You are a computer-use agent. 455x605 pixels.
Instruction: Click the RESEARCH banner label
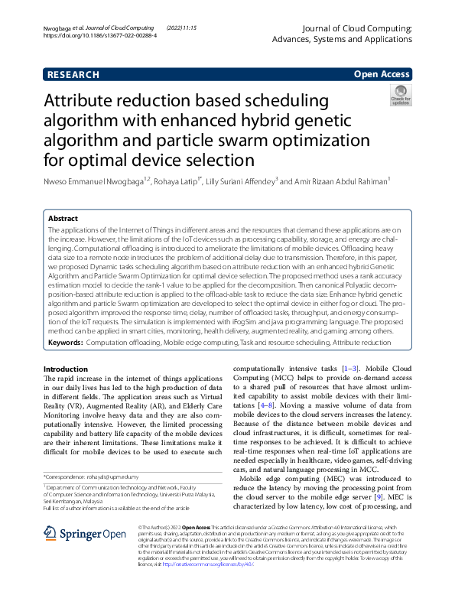pyautogui.click(x=73, y=75)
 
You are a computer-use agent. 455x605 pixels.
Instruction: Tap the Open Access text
pyautogui.click(x=382, y=75)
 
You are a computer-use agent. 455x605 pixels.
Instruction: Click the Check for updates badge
pyautogui.click(x=400, y=96)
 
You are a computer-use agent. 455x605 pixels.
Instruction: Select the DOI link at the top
pyautogui.click(x=89, y=35)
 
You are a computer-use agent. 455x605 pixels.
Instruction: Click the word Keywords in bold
pyautogui.click(x=66, y=344)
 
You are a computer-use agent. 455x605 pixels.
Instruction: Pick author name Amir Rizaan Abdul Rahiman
pyautogui.click(x=340, y=181)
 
